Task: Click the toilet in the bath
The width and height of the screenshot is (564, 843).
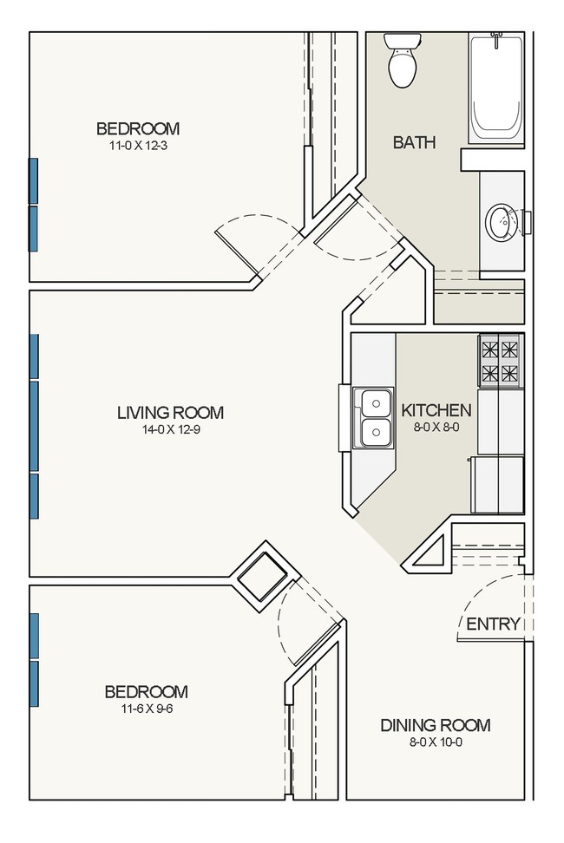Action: (402, 59)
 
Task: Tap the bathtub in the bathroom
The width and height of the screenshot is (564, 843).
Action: (496, 88)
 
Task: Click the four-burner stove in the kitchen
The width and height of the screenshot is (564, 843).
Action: (500, 360)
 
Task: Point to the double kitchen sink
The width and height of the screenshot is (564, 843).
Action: (374, 418)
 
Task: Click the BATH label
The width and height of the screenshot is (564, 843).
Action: (414, 142)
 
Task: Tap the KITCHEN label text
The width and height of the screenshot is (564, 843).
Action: (436, 411)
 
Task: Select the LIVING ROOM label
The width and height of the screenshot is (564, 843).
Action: (170, 412)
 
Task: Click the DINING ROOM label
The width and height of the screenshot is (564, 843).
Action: (436, 725)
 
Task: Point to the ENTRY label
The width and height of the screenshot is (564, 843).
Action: (493, 624)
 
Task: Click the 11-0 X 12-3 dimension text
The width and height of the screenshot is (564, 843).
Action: (139, 145)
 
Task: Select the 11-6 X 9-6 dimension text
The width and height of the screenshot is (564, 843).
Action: (147, 709)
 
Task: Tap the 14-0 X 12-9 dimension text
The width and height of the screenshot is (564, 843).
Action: (170, 429)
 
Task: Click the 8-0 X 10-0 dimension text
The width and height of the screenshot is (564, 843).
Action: (436, 742)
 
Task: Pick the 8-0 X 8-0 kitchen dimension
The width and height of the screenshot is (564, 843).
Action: (436, 428)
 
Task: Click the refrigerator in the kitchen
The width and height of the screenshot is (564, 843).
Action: (497, 485)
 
